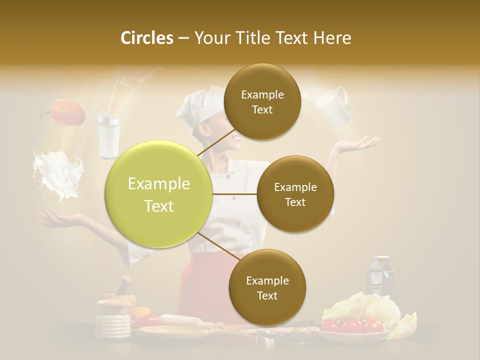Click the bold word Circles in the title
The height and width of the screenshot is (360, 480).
click(x=146, y=38)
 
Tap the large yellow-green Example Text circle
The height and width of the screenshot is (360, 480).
click(x=159, y=194)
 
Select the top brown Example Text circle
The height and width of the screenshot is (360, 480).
click(x=262, y=101)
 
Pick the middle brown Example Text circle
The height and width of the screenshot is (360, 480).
click(x=295, y=194)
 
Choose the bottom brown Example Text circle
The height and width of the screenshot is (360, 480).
click(x=267, y=287)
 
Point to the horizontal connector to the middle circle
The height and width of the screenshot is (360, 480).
click(x=235, y=194)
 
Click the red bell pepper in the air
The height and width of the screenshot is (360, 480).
click(x=67, y=112)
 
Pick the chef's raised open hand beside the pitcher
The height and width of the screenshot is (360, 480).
click(x=357, y=145)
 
